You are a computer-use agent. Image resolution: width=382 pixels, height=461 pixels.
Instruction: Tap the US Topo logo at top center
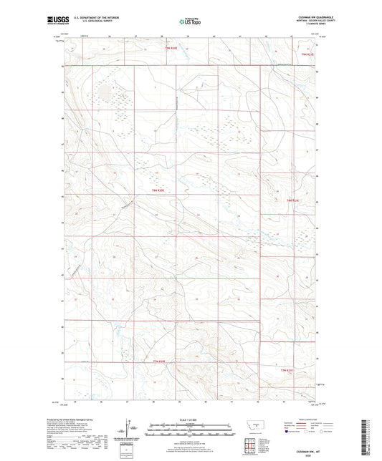[190, 22]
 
